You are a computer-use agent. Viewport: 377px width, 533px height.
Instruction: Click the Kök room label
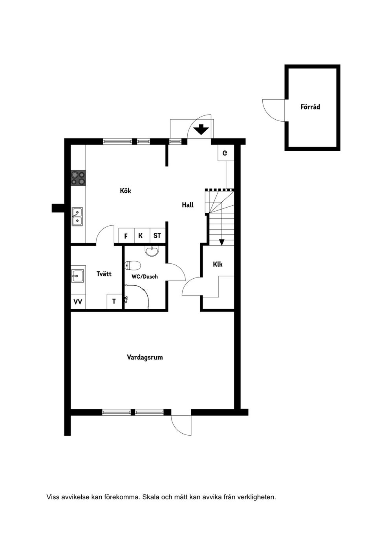point(125,191)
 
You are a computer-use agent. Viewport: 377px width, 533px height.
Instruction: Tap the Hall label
point(188,205)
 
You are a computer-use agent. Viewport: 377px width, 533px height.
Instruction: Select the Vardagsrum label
point(145,358)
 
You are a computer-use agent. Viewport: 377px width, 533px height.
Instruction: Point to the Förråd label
point(310,107)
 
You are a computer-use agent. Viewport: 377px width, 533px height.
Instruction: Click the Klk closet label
point(218,265)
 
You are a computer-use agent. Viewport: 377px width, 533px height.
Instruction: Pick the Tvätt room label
point(104,274)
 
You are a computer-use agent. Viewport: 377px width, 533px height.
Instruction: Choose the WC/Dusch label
point(145,277)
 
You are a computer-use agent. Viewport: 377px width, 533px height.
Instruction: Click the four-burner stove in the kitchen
point(78,178)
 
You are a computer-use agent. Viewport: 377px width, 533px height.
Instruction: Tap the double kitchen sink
point(77,217)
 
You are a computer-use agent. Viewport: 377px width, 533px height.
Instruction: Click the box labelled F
point(126,236)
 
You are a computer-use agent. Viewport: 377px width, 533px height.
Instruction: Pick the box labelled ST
point(157,236)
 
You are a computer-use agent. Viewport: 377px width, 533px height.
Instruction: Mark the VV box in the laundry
point(78,302)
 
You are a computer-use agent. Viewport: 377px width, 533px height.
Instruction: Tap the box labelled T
point(114,301)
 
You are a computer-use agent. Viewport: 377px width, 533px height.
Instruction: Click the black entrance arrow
point(201,130)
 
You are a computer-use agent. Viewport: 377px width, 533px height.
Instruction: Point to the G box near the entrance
point(225,153)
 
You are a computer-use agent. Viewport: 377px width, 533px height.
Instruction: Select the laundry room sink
point(77,276)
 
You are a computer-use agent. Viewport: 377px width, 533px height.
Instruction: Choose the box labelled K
point(141,236)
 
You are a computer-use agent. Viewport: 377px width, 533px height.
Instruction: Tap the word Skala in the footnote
point(150,497)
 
